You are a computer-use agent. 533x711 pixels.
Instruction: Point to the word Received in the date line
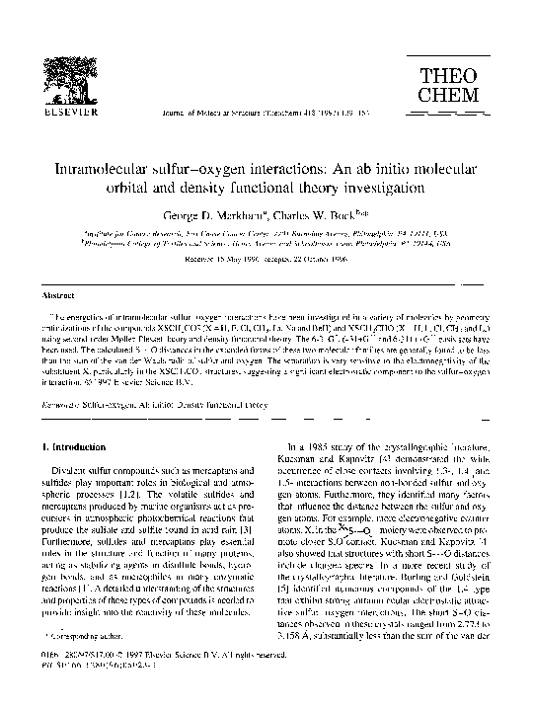coord(202,261)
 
